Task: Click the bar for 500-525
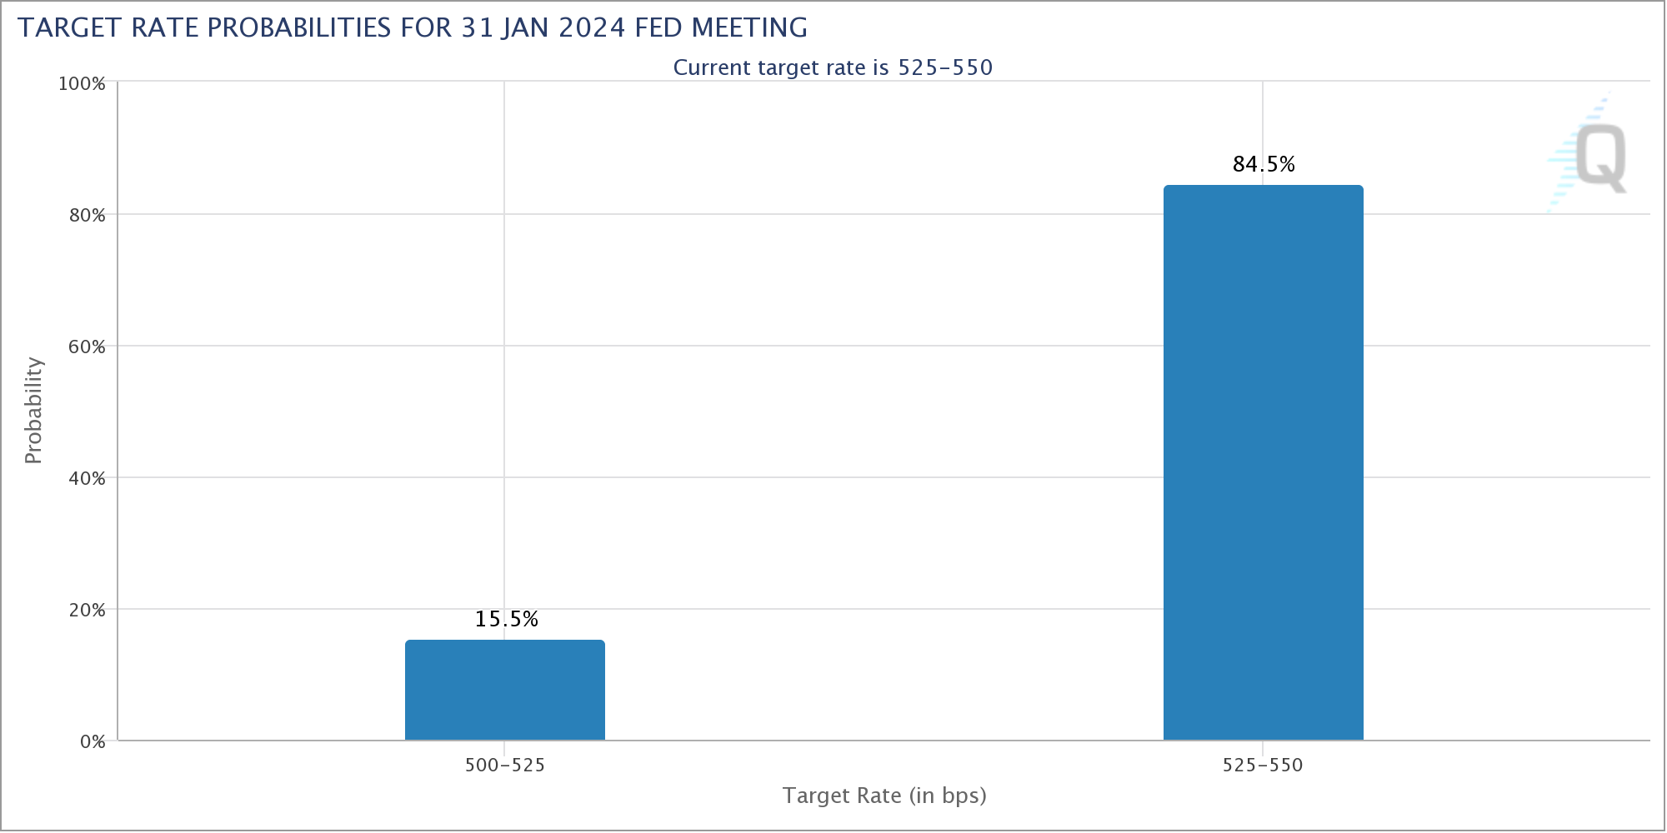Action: click(505, 690)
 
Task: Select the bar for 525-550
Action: click(1264, 462)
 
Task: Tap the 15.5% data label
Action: click(507, 619)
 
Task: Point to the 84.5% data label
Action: click(1264, 164)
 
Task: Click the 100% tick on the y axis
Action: click(82, 83)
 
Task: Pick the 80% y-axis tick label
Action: click(88, 215)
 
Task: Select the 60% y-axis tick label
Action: click(88, 347)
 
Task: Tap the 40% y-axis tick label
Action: click(88, 478)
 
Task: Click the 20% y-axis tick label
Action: click(88, 610)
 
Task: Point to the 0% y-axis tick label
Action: click(93, 741)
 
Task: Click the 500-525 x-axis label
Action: click(505, 765)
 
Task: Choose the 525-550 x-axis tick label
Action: click(1263, 765)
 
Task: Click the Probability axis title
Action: click(33, 411)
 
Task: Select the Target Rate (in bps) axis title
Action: click(884, 796)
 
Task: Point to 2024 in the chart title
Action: click(592, 27)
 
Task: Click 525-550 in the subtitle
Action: click(945, 67)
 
